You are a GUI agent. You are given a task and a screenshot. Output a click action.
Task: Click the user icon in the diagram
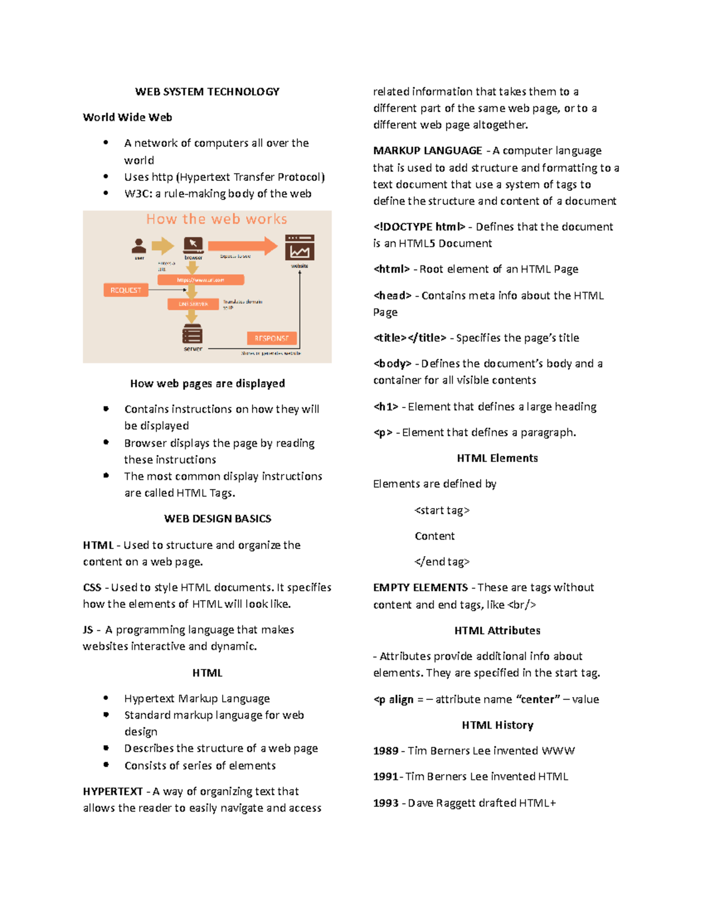tap(139, 245)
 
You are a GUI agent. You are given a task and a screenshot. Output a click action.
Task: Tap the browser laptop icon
tap(193, 244)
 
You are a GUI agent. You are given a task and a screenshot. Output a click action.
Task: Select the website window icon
tap(300, 247)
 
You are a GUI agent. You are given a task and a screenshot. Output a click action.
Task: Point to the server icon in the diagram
tap(192, 334)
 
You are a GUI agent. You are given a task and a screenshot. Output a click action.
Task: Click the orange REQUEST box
tap(126, 290)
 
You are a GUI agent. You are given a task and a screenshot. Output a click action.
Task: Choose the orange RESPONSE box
tap(271, 338)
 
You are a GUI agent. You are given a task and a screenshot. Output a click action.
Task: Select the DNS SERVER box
tap(193, 304)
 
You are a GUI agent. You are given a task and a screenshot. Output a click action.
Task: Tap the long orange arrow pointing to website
tap(242, 245)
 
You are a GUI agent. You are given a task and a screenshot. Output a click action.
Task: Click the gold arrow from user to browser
tap(163, 245)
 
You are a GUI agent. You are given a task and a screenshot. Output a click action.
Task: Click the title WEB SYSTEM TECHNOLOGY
tap(207, 92)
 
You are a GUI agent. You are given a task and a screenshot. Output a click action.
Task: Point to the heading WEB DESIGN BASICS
tap(217, 519)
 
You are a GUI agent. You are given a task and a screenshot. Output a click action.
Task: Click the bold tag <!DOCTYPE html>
tap(419, 227)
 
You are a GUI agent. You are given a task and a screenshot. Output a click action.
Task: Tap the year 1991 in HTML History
tap(385, 776)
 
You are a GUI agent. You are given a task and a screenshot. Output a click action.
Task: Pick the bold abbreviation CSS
tap(92, 587)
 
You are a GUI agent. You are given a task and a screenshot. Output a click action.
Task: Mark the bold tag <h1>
tap(386, 406)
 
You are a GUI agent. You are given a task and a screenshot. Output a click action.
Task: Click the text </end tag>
tap(442, 561)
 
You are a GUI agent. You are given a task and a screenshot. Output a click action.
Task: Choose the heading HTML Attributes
tap(497, 630)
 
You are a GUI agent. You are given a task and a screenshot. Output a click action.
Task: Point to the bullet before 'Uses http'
tap(106, 176)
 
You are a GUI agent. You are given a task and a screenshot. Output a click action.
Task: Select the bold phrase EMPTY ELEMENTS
tap(421, 587)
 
